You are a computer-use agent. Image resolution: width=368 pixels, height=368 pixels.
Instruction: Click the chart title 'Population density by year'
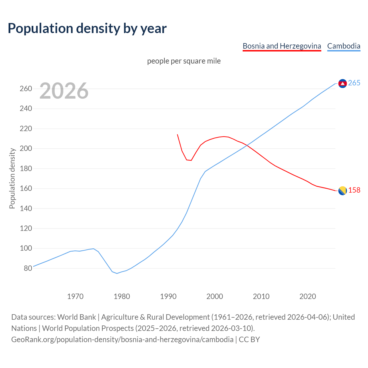87,28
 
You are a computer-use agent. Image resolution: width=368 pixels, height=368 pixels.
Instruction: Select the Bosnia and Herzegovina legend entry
282,46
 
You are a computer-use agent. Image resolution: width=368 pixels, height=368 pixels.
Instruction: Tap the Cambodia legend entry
344,46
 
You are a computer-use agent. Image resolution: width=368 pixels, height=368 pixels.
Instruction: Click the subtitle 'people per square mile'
184,61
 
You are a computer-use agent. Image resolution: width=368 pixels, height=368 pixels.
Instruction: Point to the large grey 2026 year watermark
64,91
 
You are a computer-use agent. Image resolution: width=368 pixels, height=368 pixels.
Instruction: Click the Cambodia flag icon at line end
342,83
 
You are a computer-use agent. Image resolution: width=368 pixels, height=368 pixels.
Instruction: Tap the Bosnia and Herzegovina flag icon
342,191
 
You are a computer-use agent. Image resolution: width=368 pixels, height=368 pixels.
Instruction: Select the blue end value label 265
354,83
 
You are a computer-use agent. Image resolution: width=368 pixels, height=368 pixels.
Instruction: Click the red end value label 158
354,190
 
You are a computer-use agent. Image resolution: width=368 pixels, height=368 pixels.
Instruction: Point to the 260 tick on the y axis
26,89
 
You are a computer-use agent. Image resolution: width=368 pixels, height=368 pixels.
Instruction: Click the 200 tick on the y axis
26,149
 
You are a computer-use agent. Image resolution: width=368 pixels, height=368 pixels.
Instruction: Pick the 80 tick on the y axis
28,268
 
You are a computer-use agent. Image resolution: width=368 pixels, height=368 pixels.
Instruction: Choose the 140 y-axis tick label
26,208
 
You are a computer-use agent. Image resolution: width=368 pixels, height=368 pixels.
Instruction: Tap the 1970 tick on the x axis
75,296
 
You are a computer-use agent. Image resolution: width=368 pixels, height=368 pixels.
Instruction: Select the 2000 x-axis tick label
215,296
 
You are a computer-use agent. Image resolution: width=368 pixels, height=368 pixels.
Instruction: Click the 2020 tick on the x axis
308,296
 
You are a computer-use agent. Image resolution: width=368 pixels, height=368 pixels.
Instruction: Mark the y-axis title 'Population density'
12,178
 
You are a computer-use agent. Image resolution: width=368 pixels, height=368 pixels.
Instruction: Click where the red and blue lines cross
247,145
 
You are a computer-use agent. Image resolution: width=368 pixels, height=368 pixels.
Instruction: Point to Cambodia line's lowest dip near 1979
117,273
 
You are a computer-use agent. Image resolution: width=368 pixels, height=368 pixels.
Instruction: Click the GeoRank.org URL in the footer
122,340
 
